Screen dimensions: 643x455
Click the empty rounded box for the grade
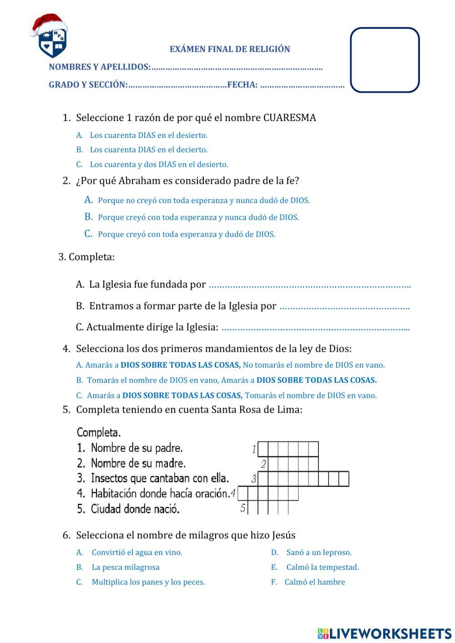pyautogui.click(x=384, y=60)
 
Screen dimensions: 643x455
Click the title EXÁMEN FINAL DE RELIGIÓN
pyautogui.click(x=230, y=49)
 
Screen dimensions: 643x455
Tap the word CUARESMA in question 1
pyautogui.click(x=289, y=118)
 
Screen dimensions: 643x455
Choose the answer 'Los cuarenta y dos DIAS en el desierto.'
pyautogui.click(x=159, y=165)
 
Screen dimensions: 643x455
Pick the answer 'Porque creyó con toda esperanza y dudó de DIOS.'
pyautogui.click(x=187, y=234)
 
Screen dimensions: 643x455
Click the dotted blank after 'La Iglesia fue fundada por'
pyautogui.click(x=309, y=286)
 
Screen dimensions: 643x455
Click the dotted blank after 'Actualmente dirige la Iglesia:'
pyautogui.click(x=315, y=328)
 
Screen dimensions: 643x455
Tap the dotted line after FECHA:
pyautogui.click(x=302, y=85)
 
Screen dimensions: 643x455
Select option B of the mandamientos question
pyautogui.click(x=232, y=380)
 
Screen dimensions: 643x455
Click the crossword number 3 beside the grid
pyautogui.click(x=254, y=479)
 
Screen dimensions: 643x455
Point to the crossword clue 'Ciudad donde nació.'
pyautogui.click(x=135, y=509)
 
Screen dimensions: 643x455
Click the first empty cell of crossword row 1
pyautogui.click(x=263, y=449)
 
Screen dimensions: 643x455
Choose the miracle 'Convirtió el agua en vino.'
pyautogui.click(x=136, y=552)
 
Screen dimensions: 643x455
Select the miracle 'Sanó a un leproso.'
pyautogui.click(x=318, y=552)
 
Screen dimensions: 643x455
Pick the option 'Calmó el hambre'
pyautogui.click(x=314, y=582)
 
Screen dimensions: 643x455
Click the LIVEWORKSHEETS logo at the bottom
pyautogui.click(x=384, y=633)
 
